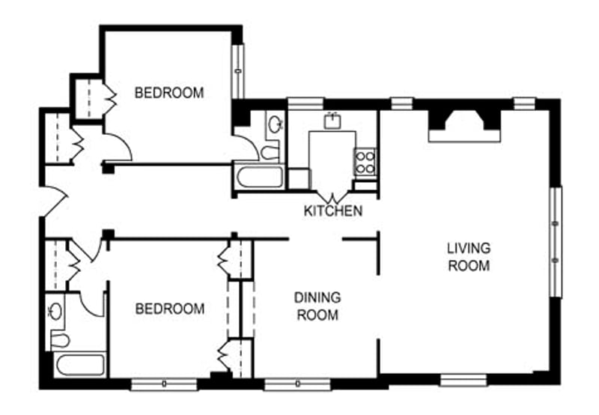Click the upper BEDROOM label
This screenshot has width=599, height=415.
point(168,93)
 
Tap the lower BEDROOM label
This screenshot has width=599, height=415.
point(169,309)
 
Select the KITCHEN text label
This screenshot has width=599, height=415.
point(333,211)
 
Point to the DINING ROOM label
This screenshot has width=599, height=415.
point(317,306)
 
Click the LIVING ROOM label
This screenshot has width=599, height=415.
point(469,256)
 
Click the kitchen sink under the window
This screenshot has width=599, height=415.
point(332,120)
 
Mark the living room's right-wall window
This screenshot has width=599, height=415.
point(556,240)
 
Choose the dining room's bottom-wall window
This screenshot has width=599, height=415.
point(297,384)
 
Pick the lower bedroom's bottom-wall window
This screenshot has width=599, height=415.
point(164,384)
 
